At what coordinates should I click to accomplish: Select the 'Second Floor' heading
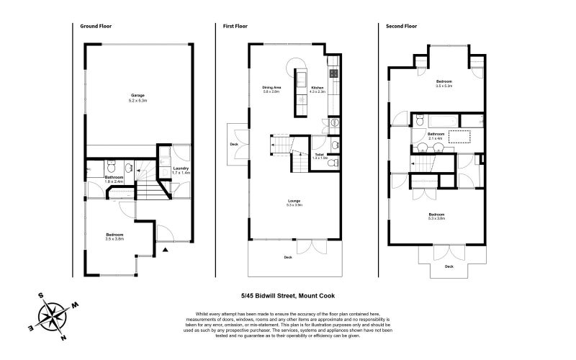tap(401, 27)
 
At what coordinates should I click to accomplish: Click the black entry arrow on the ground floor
tap(166, 249)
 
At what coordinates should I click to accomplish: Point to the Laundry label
tap(181, 171)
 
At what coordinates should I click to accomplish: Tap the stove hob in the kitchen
tap(334, 73)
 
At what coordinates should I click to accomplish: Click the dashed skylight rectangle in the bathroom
tap(459, 136)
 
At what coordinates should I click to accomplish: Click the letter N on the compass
tap(64, 337)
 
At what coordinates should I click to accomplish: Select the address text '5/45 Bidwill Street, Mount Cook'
tap(288, 295)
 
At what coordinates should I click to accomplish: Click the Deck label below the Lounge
tap(287, 257)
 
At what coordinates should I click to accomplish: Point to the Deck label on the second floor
tap(449, 266)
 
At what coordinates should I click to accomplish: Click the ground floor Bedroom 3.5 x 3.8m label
tap(114, 237)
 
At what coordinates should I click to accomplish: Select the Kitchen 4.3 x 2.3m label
tap(318, 90)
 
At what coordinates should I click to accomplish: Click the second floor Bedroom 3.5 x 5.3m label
tap(444, 84)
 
